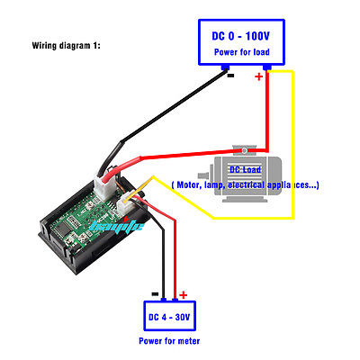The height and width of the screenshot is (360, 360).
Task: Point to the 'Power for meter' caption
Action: tap(170, 341)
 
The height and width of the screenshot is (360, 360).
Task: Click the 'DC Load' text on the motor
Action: tap(245, 169)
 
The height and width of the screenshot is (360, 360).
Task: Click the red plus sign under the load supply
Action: tap(260, 77)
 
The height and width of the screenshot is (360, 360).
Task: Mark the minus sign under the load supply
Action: tap(230, 76)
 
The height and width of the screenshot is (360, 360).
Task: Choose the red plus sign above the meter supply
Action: tap(184, 294)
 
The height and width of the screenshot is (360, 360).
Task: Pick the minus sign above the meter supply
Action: tap(155, 294)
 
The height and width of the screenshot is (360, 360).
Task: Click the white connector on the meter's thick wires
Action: tap(113, 181)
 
